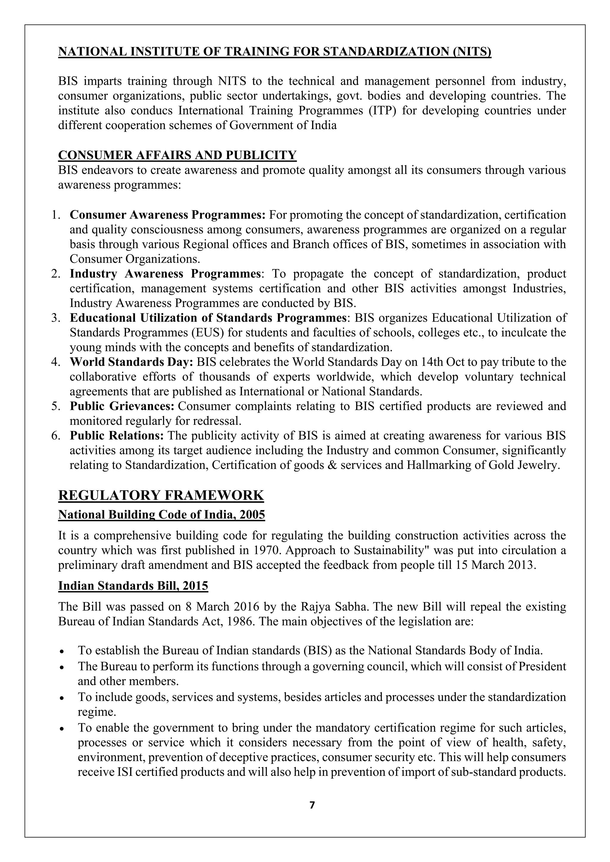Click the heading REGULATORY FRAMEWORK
coord(161,495)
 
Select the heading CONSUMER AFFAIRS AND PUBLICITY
coord(177,155)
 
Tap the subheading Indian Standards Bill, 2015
coord(133,586)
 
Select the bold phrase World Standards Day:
coord(131,362)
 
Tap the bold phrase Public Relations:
coord(117,436)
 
